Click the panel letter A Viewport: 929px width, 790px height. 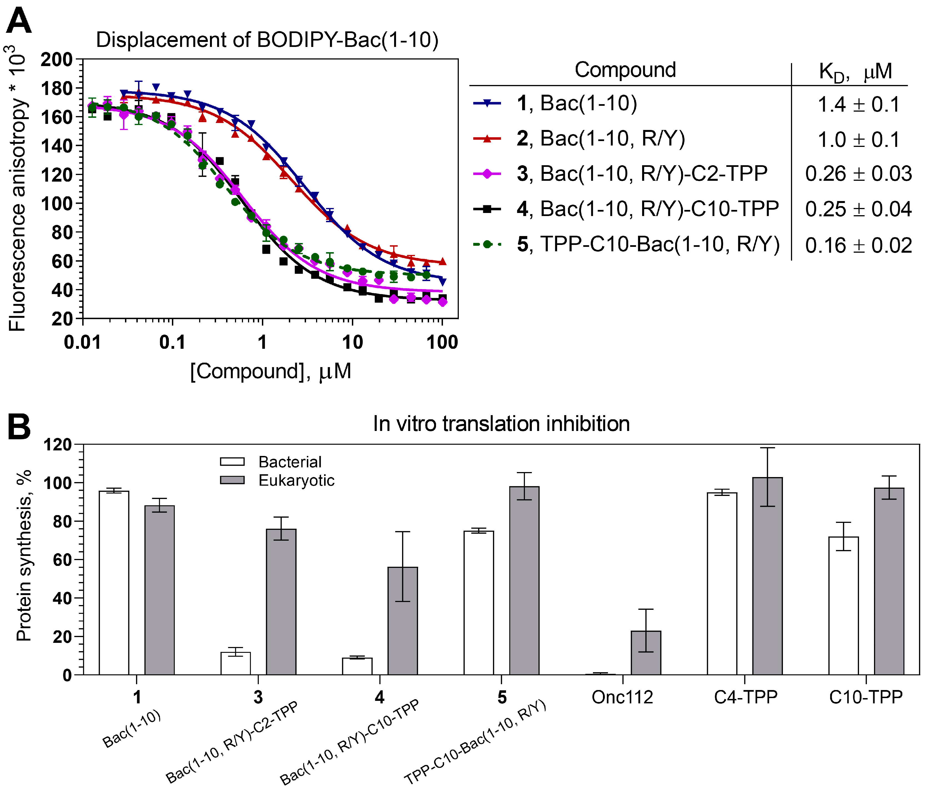click(19, 21)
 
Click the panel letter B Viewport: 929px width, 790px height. click(19, 427)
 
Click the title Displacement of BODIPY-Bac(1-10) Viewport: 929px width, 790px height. click(267, 40)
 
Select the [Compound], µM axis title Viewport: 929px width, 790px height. click(271, 371)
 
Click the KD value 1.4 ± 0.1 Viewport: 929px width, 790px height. click(858, 104)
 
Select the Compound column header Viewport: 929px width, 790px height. click(625, 70)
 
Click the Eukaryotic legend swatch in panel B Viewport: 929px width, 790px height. click(232, 480)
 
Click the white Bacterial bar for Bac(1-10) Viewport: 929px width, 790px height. click(114, 582)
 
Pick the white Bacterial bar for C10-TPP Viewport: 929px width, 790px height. click(843, 606)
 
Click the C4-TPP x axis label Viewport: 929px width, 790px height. click(745, 697)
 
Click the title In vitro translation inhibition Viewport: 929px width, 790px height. click(501, 424)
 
